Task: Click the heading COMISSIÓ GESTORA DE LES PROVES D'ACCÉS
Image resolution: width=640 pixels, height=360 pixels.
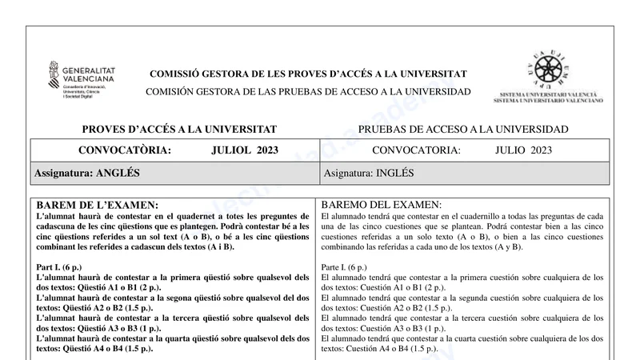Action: click(308, 74)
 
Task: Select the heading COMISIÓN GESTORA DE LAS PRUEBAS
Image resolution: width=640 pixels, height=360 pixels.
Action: click(308, 92)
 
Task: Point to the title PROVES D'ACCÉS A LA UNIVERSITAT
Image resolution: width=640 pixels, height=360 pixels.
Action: click(179, 130)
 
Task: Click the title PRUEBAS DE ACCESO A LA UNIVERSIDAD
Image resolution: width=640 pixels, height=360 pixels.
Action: click(463, 130)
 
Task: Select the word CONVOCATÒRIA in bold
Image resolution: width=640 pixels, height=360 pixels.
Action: click(125, 150)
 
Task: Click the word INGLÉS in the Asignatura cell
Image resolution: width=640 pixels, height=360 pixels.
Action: click(395, 173)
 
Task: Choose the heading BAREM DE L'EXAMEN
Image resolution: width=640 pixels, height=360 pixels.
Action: click(98, 205)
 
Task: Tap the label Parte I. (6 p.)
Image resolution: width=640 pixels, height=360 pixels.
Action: click(344, 266)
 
